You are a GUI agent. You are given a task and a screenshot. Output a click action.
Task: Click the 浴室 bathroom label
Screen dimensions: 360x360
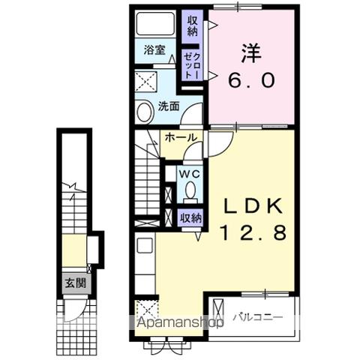click(x=154, y=50)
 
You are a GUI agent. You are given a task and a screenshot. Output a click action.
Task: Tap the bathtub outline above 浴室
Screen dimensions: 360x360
click(x=155, y=23)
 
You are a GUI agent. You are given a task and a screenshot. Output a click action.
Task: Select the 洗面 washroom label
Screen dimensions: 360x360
click(x=169, y=106)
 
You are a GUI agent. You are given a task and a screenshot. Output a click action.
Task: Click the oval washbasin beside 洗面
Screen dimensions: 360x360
click(x=145, y=112)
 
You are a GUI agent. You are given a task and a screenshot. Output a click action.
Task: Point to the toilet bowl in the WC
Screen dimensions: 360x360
click(x=190, y=190)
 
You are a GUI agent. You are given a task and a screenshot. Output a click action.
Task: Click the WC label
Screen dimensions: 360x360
click(x=190, y=174)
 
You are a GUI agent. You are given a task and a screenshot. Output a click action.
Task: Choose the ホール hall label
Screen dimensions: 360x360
click(x=181, y=137)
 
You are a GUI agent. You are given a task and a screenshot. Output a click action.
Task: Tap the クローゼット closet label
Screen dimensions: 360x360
click(x=192, y=66)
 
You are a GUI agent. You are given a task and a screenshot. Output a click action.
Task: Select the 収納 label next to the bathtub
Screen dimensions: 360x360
click(x=192, y=25)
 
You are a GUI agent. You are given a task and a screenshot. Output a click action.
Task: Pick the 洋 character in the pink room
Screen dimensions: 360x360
click(x=251, y=53)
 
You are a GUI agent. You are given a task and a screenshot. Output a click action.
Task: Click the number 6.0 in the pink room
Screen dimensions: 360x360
click(x=251, y=80)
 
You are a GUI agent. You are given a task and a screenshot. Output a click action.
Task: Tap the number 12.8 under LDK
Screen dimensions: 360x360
click(x=253, y=232)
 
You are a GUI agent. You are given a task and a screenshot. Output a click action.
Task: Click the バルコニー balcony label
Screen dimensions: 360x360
click(x=258, y=317)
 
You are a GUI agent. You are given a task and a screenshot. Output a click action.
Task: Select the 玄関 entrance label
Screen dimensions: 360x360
click(x=76, y=283)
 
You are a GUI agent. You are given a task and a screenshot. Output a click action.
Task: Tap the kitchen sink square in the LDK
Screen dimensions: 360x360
click(x=145, y=245)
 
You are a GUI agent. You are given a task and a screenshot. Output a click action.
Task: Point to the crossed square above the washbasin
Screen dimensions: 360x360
click(x=146, y=82)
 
